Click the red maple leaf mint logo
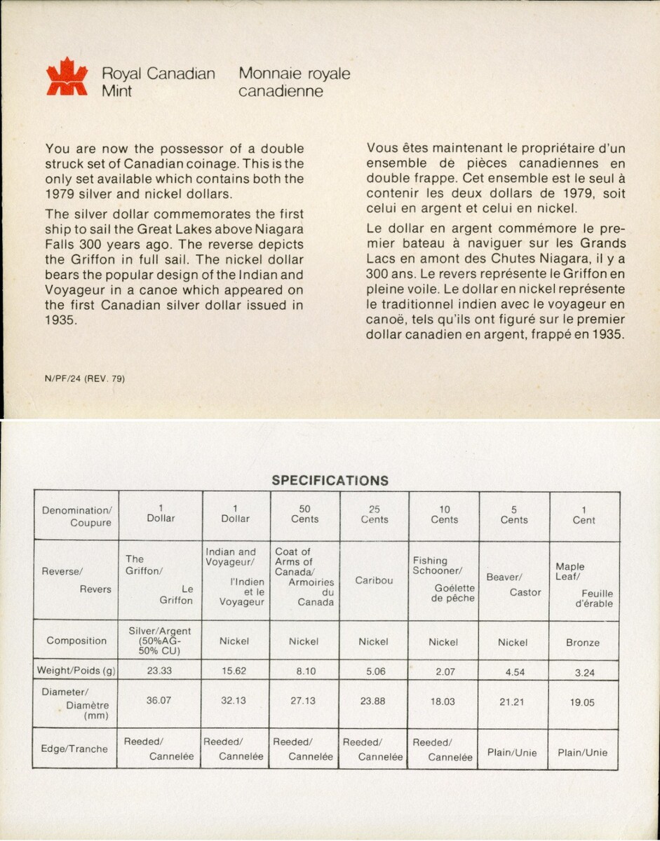click(67, 77)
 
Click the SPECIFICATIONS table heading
click(330, 481)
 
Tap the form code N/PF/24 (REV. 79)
click(85, 379)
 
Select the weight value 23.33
click(161, 670)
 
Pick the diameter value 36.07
click(161, 700)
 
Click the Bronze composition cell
click(583, 642)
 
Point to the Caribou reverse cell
click(375, 580)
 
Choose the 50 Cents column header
click(304, 514)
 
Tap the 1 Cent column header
click(584, 515)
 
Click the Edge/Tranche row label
click(74, 748)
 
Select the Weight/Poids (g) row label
click(75, 670)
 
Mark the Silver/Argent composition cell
click(161, 641)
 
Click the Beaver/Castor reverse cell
click(514, 584)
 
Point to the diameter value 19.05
click(583, 702)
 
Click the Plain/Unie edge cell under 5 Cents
click(513, 753)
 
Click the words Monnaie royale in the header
click(295, 74)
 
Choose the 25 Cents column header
click(375, 514)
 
